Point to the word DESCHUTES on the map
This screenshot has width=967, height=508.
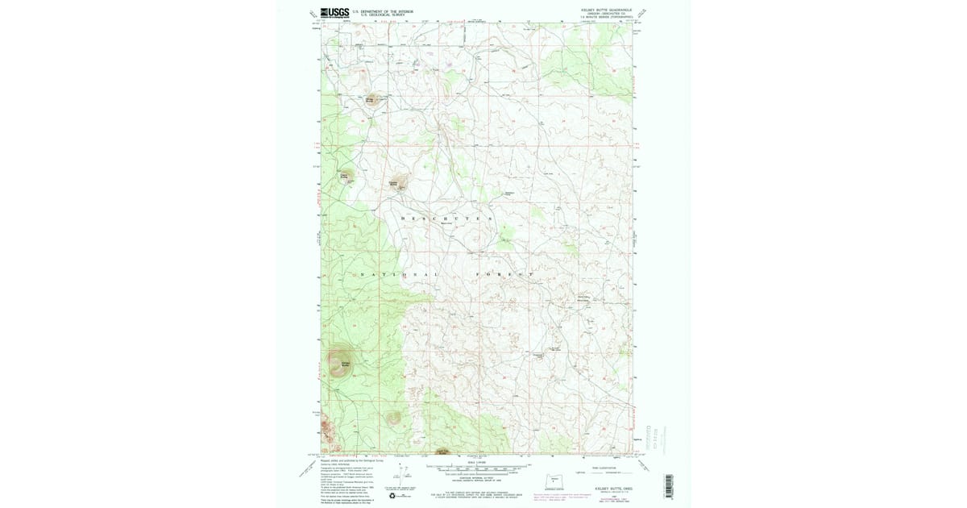[x=446, y=219]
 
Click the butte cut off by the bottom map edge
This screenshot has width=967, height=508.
[x=442, y=452]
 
